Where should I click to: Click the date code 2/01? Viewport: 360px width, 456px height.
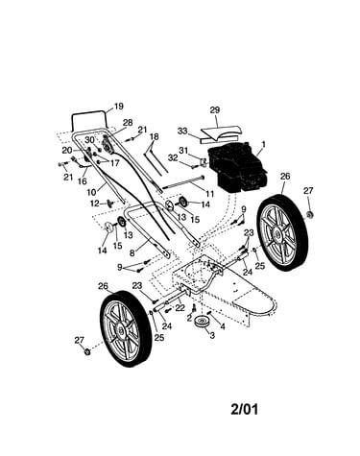point(244,409)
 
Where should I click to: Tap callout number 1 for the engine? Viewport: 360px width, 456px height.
point(264,145)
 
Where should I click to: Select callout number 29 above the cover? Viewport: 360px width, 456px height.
point(215,110)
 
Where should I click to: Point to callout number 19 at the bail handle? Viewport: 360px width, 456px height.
point(119,107)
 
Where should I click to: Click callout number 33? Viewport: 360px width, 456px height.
point(182,131)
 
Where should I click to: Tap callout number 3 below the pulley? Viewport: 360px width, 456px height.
point(212,335)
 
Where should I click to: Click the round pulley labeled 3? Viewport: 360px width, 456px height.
point(203,322)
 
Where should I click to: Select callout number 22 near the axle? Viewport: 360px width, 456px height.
point(180,308)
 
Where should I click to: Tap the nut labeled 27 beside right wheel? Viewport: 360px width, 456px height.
point(309,214)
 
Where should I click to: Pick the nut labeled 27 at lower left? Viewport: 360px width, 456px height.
point(86,351)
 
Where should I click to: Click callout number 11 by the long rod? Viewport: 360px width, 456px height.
point(209,194)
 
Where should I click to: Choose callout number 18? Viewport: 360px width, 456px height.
point(154,136)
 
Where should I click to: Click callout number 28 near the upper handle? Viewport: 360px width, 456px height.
point(128,122)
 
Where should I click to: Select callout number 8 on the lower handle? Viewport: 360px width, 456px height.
point(132,252)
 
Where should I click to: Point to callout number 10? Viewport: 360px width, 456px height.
point(91,193)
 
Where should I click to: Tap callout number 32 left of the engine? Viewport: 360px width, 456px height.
point(173,157)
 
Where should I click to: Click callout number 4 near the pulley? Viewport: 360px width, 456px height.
point(223,327)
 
